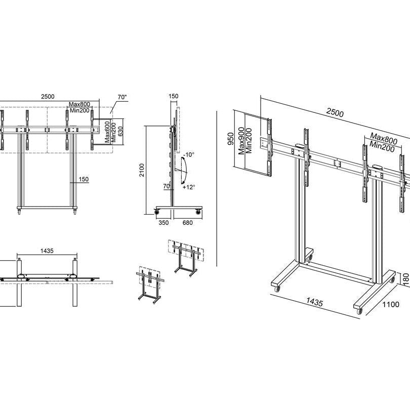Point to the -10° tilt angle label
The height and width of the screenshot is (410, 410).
tap(189, 154)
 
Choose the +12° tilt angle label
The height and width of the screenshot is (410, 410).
tap(189, 187)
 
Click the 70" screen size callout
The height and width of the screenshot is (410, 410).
tap(121, 97)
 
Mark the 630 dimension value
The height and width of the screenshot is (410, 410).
tap(120, 132)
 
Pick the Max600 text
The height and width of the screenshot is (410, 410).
tap(108, 132)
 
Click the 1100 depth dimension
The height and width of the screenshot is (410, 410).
tap(391, 304)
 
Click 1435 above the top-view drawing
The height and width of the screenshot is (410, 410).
tap(46, 251)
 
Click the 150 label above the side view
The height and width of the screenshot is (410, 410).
tap(174, 96)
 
